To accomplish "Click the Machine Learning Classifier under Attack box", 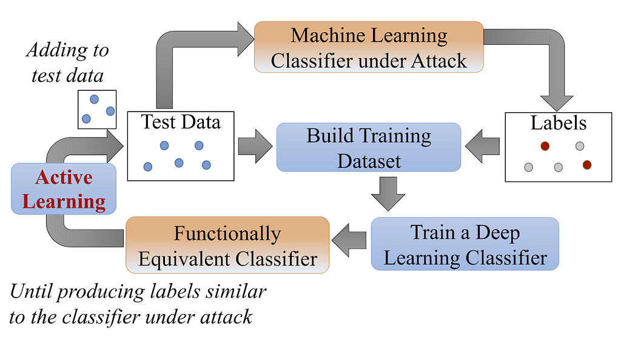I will pos(368,47).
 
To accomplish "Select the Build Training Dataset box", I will pos(369,147).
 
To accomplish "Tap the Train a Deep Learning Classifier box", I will pos(465,244).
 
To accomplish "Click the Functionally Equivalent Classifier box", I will pos(227,245).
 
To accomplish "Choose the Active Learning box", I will pos(64,189).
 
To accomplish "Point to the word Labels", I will pos(559,123).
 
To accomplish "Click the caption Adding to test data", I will pos(67,62).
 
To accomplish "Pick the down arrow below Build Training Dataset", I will pos(388,193).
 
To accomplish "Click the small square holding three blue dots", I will pos(97,109).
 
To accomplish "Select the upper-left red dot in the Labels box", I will pos(545,145).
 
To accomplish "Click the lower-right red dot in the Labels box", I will pos(586,164).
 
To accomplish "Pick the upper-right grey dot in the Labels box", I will pos(579,146).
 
